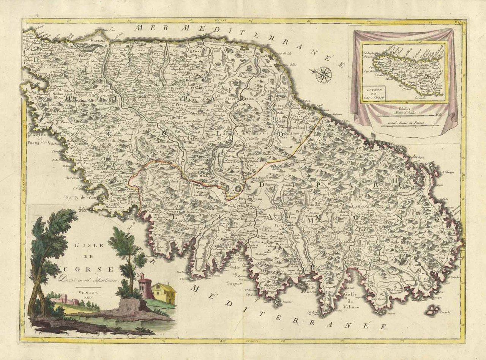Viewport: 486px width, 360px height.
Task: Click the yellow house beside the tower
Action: pos(163,293)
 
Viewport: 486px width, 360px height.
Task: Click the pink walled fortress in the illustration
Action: pos(66,300)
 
